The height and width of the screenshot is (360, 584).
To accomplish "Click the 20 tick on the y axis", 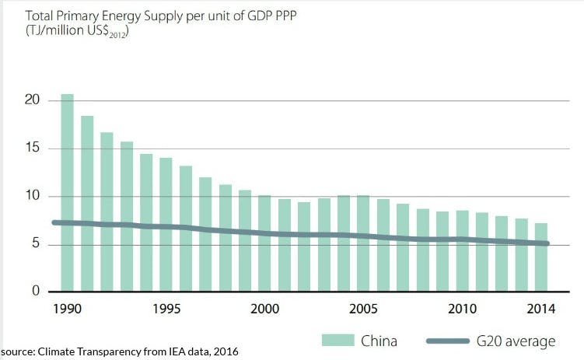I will tap(30, 100).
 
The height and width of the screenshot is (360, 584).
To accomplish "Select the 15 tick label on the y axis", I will tap(30, 149).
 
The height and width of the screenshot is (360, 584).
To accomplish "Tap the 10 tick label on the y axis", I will tap(30, 196).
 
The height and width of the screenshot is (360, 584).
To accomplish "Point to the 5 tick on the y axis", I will tap(34, 244).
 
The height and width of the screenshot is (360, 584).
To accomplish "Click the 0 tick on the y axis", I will tap(34, 292).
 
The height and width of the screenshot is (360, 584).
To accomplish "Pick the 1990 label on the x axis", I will tap(67, 309).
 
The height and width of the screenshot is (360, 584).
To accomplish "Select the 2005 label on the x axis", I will tap(363, 309).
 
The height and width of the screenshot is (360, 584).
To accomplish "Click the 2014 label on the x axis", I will tap(541, 309).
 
